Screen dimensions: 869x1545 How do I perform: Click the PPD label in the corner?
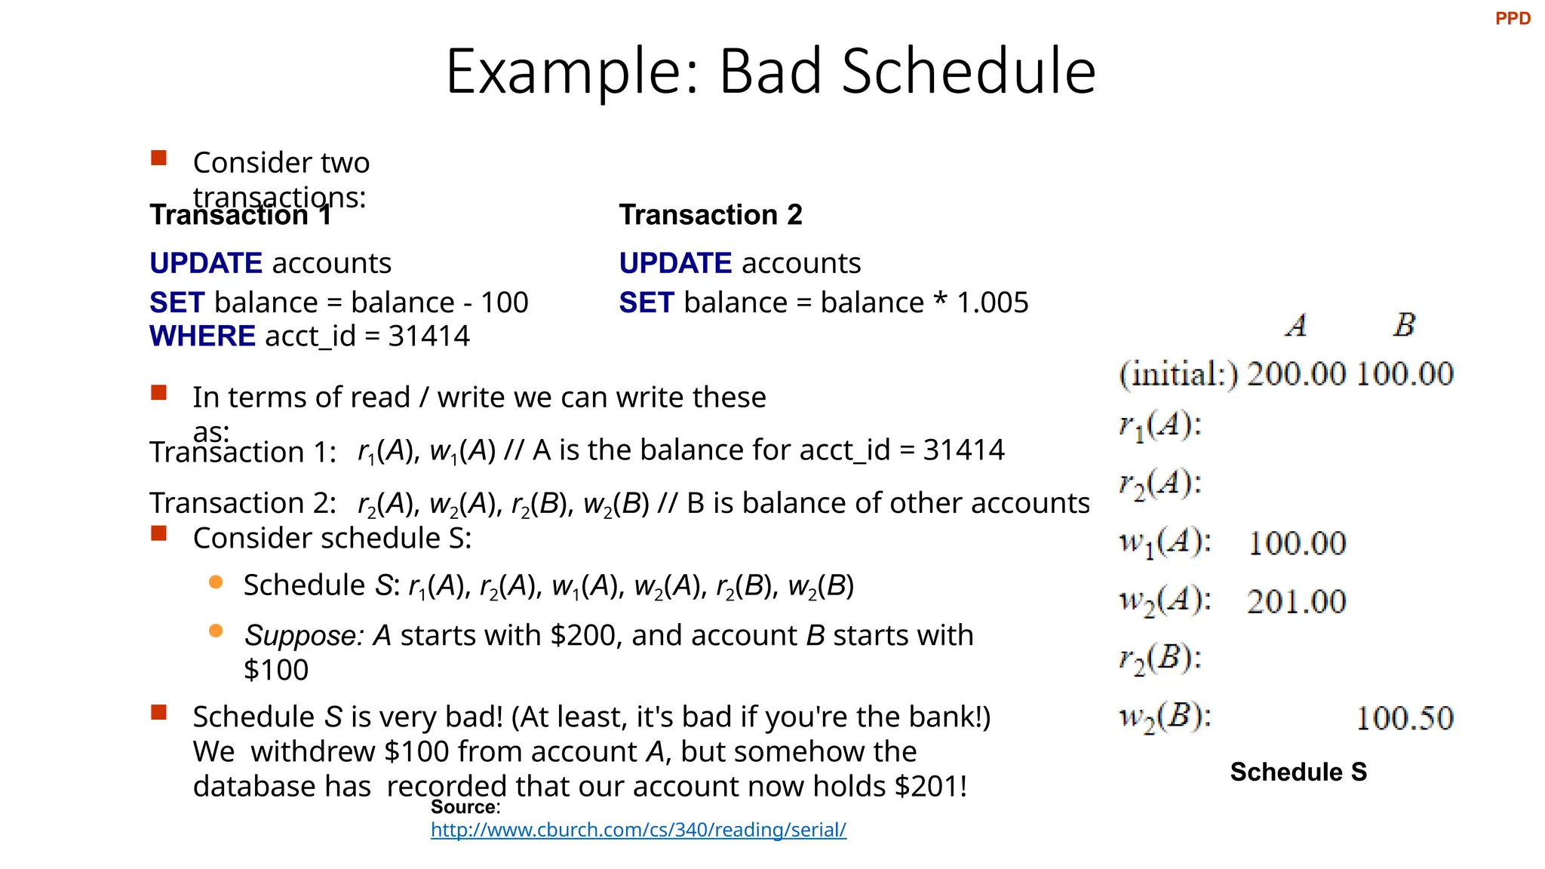point(1512,19)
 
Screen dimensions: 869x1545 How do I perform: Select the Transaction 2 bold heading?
point(710,215)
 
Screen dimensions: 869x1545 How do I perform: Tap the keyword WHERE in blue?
point(202,336)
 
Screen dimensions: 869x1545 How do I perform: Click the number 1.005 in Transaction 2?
point(992,302)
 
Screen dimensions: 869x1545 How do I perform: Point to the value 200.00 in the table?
point(1295,374)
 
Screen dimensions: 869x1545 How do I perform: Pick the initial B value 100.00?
point(1404,374)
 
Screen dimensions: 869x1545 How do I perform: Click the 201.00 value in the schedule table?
point(1295,602)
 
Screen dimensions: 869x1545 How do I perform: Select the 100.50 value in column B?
point(1404,718)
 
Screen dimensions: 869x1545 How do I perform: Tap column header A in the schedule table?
point(1296,326)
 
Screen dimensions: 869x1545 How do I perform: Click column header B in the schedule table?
point(1403,325)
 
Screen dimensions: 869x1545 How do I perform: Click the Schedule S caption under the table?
point(1298,772)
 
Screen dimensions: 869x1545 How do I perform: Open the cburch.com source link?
point(638,830)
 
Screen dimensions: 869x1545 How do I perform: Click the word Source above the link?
point(463,807)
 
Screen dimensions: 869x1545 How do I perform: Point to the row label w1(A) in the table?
point(1164,543)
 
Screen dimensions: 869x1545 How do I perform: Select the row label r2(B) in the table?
point(1160,659)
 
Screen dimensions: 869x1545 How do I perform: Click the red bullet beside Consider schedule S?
point(158,534)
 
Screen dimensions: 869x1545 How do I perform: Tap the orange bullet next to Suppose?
point(216,631)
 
